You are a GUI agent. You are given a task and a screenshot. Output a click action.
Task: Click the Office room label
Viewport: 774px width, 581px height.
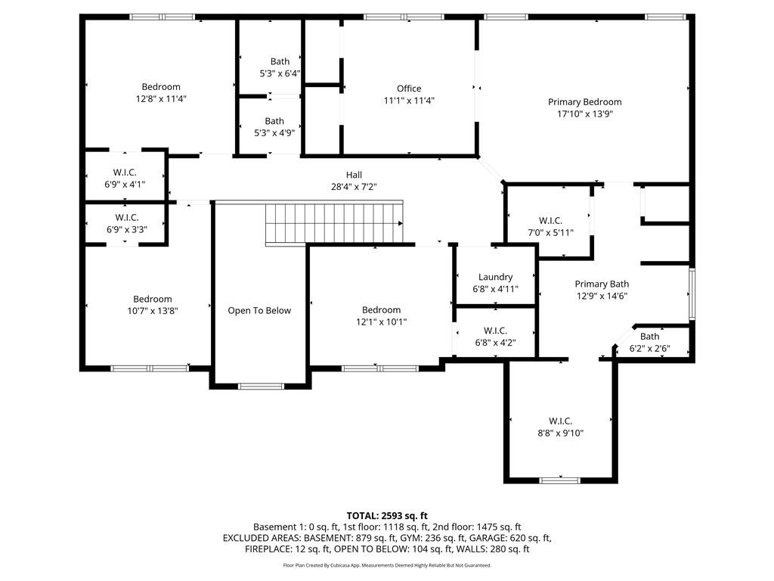(x=409, y=89)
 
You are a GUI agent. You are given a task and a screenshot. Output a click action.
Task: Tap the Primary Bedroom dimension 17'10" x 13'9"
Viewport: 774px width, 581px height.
(x=584, y=114)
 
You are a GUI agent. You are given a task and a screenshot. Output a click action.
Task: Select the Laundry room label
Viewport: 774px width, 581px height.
(x=495, y=277)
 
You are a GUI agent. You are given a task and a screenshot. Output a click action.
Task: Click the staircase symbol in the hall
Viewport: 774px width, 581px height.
(x=333, y=223)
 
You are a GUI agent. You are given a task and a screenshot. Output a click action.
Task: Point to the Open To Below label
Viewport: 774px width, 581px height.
(x=259, y=310)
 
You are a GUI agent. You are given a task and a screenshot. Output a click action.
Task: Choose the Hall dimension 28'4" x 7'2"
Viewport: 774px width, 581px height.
(x=354, y=186)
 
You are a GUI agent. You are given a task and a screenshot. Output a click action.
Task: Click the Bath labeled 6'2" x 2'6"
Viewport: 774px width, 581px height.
(x=649, y=343)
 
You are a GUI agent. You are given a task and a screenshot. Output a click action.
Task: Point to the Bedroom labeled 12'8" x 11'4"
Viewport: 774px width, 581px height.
(x=161, y=92)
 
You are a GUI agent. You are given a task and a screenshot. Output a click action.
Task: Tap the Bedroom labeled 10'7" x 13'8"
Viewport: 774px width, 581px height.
(x=153, y=304)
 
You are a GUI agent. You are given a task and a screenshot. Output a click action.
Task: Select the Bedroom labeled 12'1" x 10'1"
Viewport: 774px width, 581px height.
(x=381, y=315)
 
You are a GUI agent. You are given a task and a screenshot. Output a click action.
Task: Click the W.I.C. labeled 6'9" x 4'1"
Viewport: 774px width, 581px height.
(x=125, y=178)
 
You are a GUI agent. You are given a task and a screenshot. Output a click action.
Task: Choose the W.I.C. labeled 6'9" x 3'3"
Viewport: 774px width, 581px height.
(x=125, y=223)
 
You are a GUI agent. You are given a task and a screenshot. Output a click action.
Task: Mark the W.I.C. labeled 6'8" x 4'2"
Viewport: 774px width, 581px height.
(x=495, y=336)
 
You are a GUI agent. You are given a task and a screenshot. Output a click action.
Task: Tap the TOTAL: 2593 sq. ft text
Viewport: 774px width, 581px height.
(x=387, y=516)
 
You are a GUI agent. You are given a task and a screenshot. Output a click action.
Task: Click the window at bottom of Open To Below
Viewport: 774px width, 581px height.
(x=261, y=387)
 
